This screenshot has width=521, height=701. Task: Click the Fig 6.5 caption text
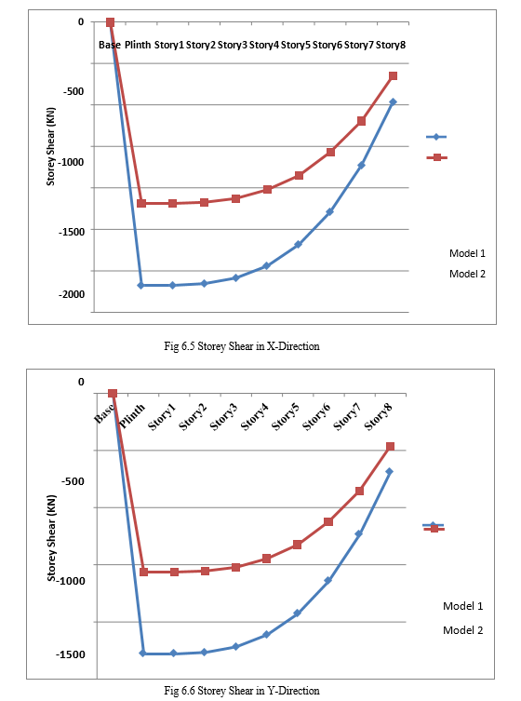(x=242, y=346)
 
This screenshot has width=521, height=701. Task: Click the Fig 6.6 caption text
(x=242, y=691)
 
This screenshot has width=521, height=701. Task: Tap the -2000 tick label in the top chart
(x=72, y=294)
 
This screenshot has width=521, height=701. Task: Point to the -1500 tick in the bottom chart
(x=70, y=654)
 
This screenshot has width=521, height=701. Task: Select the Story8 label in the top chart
(x=391, y=45)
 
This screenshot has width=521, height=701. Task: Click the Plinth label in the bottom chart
(x=133, y=416)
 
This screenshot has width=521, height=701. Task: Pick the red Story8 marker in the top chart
(x=393, y=76)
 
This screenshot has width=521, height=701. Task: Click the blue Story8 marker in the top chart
(x=393, y=102)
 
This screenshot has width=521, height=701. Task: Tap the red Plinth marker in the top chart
(x=141, y=204)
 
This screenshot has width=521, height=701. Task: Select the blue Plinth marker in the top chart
(x=140, y=285)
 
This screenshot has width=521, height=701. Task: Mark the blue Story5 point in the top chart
(x=298, y=245)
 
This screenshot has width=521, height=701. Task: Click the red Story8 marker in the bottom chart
(x=390, y=447)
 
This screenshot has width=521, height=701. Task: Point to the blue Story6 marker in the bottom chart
(x=328, y=581)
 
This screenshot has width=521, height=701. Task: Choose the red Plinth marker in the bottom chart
(x=143, y=572)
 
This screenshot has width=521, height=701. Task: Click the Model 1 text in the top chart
(x=467, y=253)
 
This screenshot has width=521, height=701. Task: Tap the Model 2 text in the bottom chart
(x=463, y=630)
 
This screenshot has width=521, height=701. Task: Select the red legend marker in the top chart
(x=437, y=157)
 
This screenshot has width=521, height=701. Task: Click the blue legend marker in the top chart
(x=436, y=137)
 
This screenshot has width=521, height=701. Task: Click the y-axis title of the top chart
(x=51, y=146)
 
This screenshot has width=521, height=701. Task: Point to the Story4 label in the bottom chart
(x=255, y=417)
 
